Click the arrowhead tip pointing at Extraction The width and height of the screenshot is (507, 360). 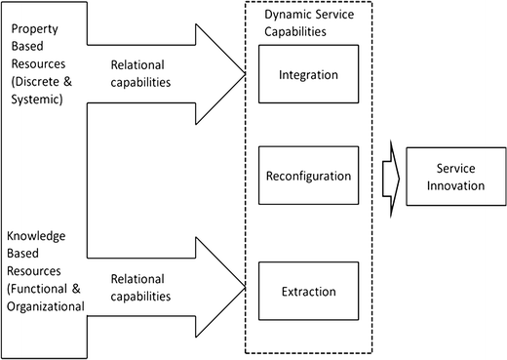244,285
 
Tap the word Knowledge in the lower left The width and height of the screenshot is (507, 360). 37,237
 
